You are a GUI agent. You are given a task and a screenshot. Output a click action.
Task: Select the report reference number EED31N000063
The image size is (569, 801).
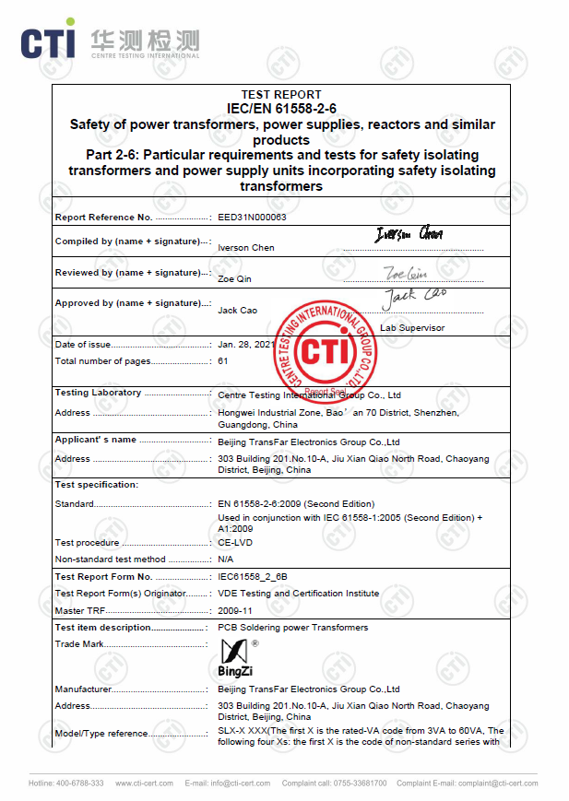[x=252, y=218]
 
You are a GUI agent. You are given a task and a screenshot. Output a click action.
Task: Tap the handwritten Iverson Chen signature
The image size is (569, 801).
[x=408, y=235]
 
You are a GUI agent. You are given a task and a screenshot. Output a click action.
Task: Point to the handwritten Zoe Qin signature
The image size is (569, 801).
[x=407, y=272]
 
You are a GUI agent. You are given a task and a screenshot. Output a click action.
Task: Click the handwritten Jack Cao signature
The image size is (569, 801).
[x=414, y=296]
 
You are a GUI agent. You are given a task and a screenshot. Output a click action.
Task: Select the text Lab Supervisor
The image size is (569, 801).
[x=411, y=328]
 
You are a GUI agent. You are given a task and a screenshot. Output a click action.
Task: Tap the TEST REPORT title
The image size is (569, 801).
[x=281, y=95]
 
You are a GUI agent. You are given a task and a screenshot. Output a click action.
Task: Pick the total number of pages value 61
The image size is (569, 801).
[x=223, y=361]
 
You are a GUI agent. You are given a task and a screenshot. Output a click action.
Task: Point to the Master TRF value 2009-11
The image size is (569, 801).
[x=235, y=610]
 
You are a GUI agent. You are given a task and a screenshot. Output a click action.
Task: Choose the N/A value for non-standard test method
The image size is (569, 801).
[x=226, y=560]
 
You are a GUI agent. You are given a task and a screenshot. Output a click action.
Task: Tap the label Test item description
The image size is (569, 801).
[x=103, y=628]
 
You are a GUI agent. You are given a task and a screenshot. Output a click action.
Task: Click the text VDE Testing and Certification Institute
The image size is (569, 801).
[x=298, y=594]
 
